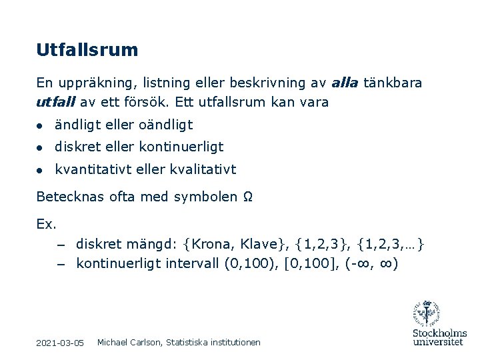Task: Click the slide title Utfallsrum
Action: (x=87, y=50)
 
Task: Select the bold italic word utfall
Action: (x=55, y=103)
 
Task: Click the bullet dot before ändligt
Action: (x=41, y=125)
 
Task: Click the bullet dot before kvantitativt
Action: (x=41, y=170)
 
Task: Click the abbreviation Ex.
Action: (x=47, y=224)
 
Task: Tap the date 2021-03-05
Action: (x=60, y=343)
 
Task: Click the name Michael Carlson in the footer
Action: (x=129, y=342)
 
